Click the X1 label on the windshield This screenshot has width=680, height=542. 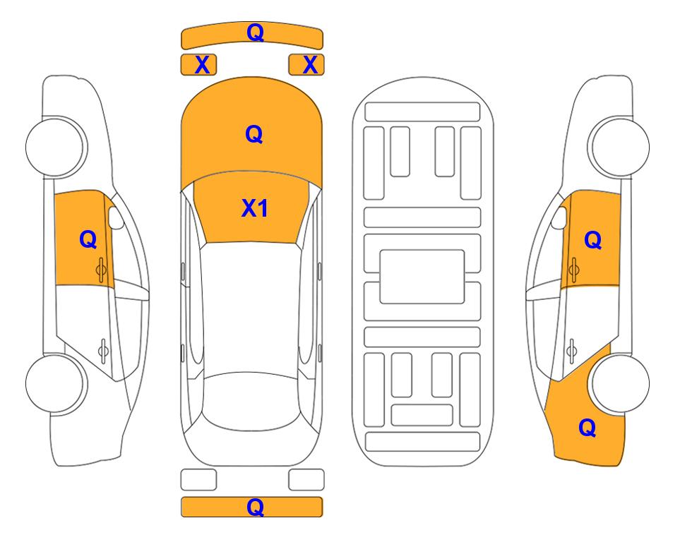(x=255, y=208)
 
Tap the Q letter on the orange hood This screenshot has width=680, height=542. (x=254, y=134)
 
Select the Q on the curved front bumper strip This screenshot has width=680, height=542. (x=255, y=32)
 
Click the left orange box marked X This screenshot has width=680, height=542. (x=198, y=65)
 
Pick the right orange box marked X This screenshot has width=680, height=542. (x=306, y=65)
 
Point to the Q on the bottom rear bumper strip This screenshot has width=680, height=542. (x=255, y=507)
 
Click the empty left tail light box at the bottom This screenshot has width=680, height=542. (x=198, y=480)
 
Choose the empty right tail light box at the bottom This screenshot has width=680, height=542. (x=306, y=480)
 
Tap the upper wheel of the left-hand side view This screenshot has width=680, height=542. (x=56, y=147)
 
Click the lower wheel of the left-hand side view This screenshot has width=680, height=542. (x=56, y=383)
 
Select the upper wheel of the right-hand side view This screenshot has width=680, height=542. (x=619, y=147)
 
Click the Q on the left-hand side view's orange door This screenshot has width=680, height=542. (x=88, y=239)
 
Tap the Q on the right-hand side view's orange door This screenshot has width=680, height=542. (x=593, y=240)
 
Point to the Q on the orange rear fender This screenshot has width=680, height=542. (x=587, y=428)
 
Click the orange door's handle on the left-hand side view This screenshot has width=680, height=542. (x=102, y=270)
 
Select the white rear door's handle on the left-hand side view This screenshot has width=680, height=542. (x=103, y=350)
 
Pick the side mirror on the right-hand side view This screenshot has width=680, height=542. (x=559, y=217)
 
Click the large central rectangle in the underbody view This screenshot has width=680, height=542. (x=422, y=277)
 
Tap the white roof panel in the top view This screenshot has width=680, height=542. (x=251, y=308)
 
